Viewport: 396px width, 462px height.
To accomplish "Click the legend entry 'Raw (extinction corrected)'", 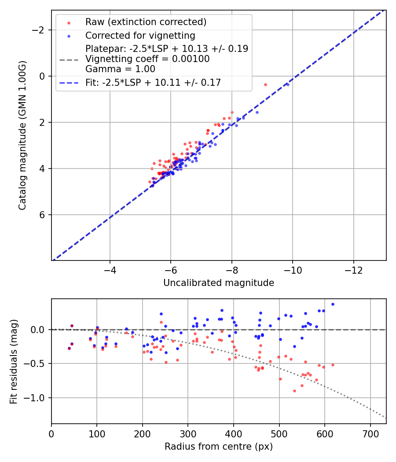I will point(146,22).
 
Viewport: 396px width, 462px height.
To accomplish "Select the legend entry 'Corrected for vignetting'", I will point(140,35).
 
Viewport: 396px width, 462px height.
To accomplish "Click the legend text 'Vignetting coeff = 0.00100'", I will point(147,59).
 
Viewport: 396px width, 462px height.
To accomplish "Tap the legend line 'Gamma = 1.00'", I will point(120,69).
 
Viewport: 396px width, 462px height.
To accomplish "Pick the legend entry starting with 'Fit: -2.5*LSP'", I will point(153,82).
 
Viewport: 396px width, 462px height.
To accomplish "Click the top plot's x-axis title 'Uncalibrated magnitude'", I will point(219,283).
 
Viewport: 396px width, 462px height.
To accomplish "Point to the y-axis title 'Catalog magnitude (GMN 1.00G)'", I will point(22,136).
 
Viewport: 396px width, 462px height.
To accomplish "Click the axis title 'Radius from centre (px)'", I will point(219,447).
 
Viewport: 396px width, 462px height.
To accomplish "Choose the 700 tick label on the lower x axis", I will point(370,433).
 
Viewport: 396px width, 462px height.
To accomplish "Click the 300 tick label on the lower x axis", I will point(188,433).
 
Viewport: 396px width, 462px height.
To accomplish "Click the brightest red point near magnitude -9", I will point(265,84).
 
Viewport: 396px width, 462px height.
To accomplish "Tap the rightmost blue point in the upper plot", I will point(288,84).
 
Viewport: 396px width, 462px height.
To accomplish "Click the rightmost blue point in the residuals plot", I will point(333,304).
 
